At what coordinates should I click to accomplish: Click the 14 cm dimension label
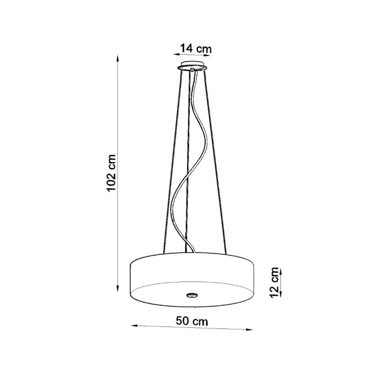tap(196, 49)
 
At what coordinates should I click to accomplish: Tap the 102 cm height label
tap(111, 173)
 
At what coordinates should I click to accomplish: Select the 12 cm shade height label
tap(275, 283)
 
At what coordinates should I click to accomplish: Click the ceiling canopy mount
tap(192, 66)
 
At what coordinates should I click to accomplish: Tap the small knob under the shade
tap(192, 295)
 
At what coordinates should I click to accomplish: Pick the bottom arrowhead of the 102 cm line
tap(117, 288)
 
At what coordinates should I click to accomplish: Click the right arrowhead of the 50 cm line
tap(250, 329)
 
